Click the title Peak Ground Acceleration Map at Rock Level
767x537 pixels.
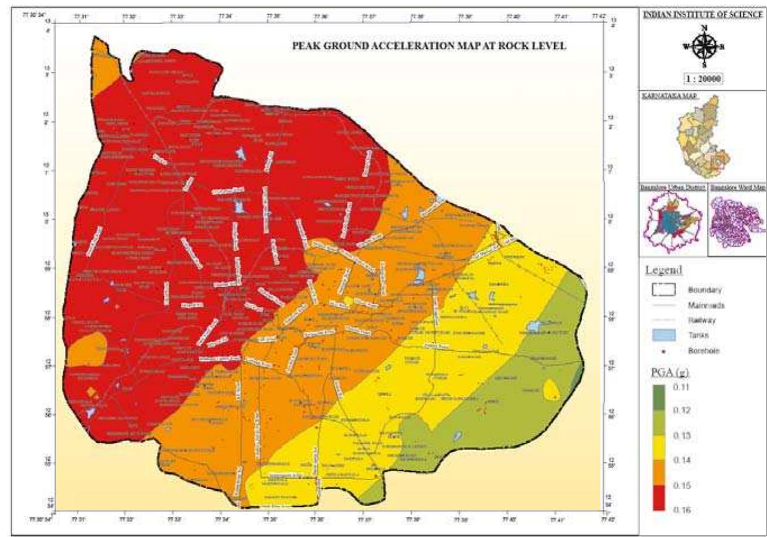point(429,46)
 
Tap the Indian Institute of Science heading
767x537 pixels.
point(702,15)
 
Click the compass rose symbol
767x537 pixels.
point(702,47)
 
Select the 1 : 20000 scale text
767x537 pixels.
point(703,79)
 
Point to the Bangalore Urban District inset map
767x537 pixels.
point(673,222)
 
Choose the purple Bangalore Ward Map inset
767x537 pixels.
point(736,222)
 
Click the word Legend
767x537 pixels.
point(664,270)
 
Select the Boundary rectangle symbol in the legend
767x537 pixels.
point(663,290)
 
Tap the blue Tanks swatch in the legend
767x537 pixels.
point(663,335)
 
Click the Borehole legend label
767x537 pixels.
point(703,351)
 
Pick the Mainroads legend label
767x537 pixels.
point(706,305)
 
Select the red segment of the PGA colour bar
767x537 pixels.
point(659,498)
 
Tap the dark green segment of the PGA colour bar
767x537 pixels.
point(659,397)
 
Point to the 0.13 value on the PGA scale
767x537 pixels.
point(682,435)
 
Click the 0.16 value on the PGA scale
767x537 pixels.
point(682,510)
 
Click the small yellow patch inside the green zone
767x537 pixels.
point(551,389)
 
